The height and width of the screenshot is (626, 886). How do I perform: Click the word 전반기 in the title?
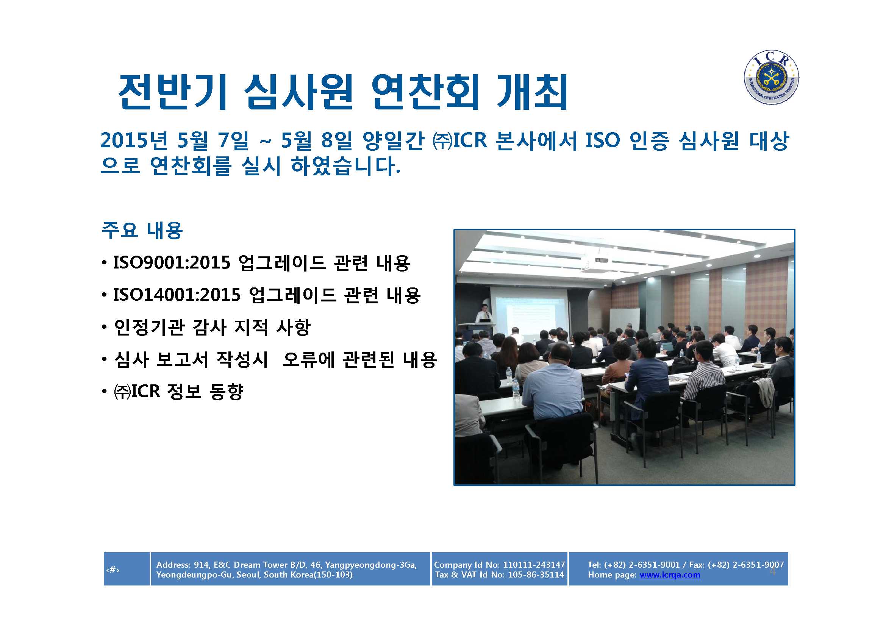(172, 92)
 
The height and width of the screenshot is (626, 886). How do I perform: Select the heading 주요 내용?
(142, 230)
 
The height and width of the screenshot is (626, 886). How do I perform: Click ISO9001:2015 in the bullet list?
(172, 263)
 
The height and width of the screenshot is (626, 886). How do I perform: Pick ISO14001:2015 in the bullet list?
(177, 295)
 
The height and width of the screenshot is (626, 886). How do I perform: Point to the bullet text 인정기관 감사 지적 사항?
(212, 328)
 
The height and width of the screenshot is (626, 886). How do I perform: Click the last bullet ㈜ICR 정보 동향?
(179, 392)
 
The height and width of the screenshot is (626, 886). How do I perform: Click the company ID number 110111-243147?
(534, 565)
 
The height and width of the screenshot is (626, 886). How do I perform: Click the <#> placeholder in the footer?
(113, 569)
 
